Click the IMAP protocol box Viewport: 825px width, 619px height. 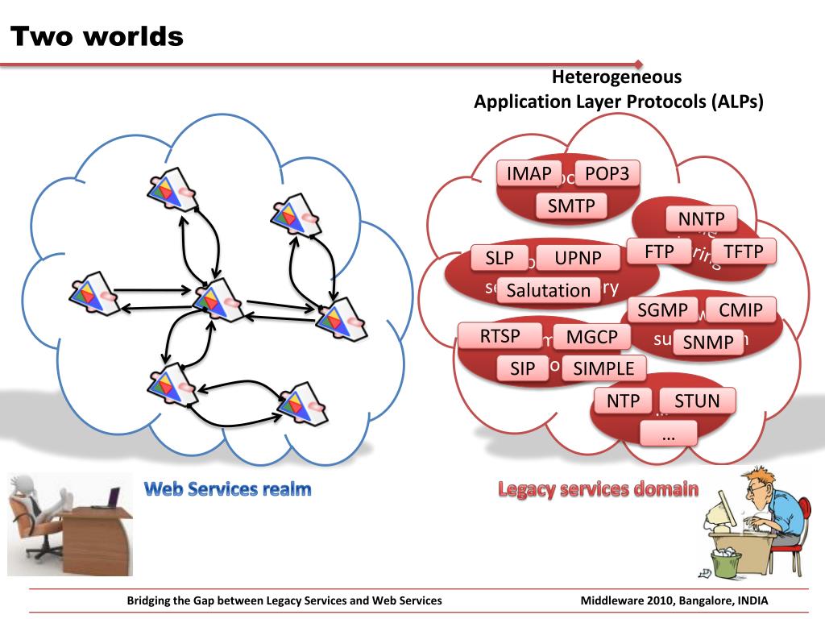click(x=529, y=174)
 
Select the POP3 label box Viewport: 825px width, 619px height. click(x=607, y=174)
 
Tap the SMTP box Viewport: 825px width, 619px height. click(x=571, y=206)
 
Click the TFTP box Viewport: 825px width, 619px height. click(x=743, y=251)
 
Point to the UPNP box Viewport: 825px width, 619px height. click(x=578, y=259)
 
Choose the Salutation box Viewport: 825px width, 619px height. click(x=549, y=290)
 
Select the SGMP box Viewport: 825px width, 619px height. click(x=663, y=309)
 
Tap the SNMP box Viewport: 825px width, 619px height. click(x=708, y=343)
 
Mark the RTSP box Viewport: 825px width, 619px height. click(x=500, y=336)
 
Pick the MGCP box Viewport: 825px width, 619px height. click(x=591, y=337)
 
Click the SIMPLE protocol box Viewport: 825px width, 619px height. click(x=603, y=369)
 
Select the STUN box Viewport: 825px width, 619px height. click(x=697, y=401)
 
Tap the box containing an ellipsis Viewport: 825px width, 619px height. click(x=668, y=434)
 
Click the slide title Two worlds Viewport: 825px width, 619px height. click(x=97, y=36)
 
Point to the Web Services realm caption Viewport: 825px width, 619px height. click(x=228, y=488)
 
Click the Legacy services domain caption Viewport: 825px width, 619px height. click(x=598, y=488)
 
